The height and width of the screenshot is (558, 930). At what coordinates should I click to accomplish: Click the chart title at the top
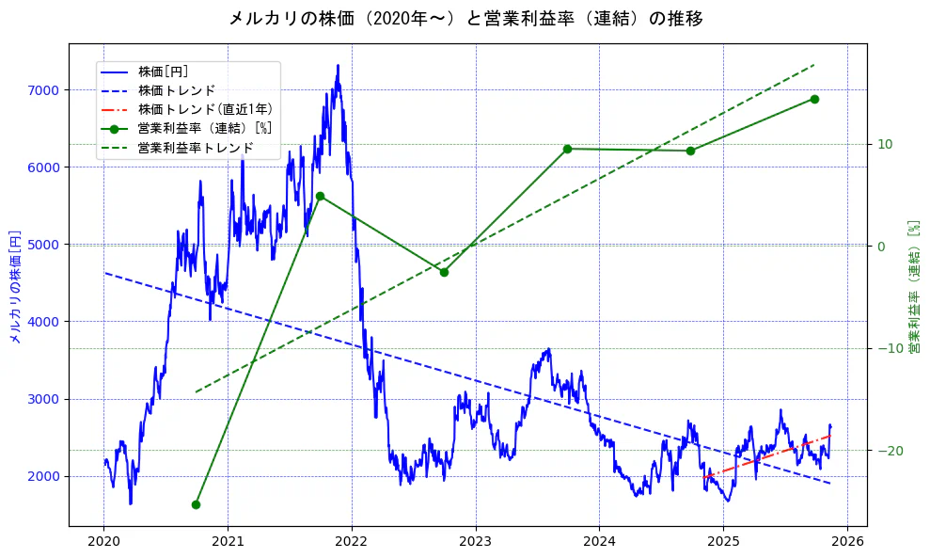pyautogui.click(x=465, y=18)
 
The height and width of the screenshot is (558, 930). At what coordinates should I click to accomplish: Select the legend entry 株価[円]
pyautogui.click(x=164, y=72)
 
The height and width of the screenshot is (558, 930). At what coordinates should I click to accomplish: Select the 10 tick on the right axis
pyautogui.click(x=883, y=144)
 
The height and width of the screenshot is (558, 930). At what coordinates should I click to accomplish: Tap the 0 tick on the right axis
pyautogui.click(x=880, y=247)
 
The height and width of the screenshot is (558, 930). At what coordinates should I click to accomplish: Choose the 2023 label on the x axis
pyautogui.click(x=476, y=542)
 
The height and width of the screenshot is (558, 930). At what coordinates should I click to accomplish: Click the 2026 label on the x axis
pyautogui.click(x=847, y=542)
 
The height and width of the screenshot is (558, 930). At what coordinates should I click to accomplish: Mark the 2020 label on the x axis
pyautogui.click(x=103, y=542)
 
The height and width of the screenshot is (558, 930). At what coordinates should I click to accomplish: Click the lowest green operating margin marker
pyautogui.click(x=196, y=504)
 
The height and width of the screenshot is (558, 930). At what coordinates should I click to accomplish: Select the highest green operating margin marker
pyautogui.click(x=814, y=99)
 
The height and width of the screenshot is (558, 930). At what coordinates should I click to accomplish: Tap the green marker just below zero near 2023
pyautogui.click(x=444, y=272)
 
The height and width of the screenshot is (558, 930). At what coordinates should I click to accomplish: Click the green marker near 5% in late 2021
pyautogui.click(x=320, y=196)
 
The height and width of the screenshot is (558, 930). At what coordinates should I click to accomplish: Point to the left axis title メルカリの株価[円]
pyautogui.click(x=15, y=286)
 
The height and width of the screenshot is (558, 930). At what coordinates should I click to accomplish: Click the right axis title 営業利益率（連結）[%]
pyautogui.click(x=913, y=286)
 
